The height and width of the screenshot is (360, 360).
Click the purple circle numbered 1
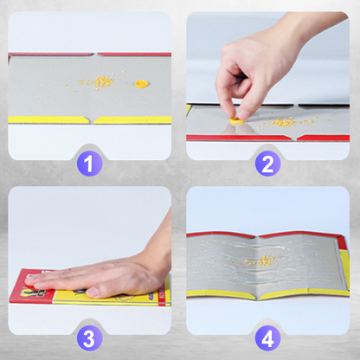89,164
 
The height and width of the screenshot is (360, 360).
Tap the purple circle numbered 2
267,164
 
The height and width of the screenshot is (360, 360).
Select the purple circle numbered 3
89,338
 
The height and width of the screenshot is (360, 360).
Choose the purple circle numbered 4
267,338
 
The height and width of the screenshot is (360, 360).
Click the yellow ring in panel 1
142,84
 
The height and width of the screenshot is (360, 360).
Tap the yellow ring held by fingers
236,120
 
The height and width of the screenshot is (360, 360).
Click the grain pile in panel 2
284,122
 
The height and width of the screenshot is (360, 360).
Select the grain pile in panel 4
261,260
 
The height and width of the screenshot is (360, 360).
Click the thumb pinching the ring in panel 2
246,111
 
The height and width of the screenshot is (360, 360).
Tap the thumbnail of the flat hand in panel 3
93,292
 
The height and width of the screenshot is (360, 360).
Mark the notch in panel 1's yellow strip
92,120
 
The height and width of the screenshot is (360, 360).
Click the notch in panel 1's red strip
95,54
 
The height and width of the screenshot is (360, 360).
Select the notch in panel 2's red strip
295,138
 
